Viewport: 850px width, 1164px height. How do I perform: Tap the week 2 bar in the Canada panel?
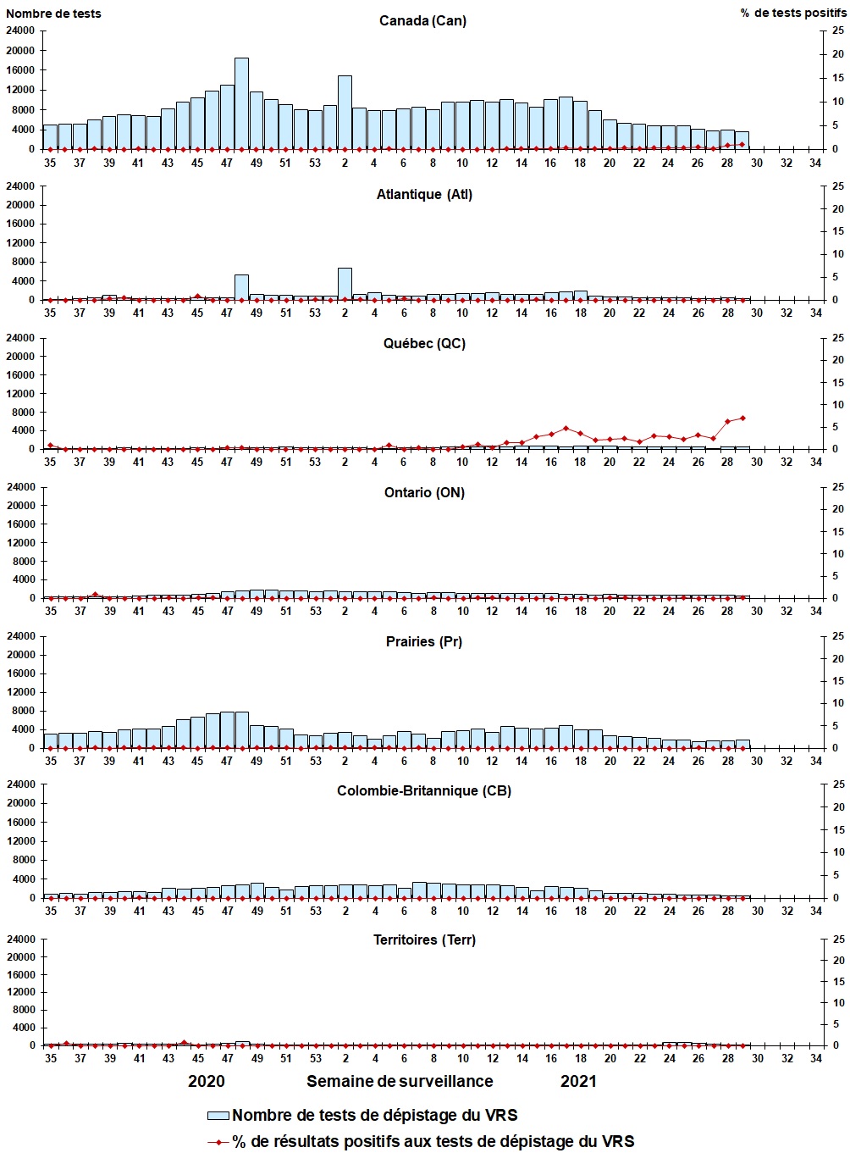pos(345,113)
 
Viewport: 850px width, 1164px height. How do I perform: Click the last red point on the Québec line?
pos(742,418)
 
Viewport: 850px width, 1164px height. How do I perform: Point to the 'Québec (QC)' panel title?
pos(424,344)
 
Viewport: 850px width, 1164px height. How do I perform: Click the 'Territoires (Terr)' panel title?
pos(424,940)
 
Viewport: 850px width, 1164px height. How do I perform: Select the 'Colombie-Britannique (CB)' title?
pos(424,791)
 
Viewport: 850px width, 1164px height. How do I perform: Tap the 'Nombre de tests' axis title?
pos(54,14)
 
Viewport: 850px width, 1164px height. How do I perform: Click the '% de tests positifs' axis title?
pos(792,14)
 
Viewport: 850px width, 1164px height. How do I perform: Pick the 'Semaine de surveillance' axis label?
pos(400,1082)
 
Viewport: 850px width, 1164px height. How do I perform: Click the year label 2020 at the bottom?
pos(207,1082)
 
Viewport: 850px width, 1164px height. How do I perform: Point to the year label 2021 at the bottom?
pos(578,1082)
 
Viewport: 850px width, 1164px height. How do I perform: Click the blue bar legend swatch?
pos(218,1116)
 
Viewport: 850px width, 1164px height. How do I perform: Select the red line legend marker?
pos(218,1142)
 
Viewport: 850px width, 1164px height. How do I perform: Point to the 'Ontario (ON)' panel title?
pos(424,493)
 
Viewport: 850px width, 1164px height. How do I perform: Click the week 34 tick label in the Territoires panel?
pos(816,1059)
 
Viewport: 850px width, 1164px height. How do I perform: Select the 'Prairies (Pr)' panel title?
pos(424,642)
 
